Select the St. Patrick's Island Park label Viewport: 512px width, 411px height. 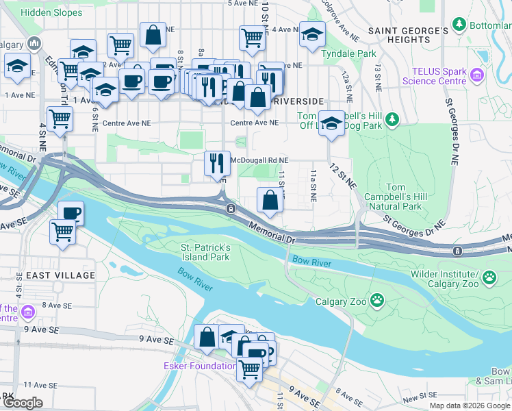(x=205, y=252)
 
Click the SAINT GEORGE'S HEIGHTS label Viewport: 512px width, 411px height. (x=408, y=36)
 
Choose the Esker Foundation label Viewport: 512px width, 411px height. (x=200, y=366)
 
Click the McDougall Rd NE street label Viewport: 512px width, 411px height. (x=260, y=160)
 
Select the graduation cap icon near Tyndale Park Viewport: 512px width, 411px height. (x=312, y=34)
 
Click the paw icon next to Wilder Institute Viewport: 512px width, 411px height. (x=489, y=277)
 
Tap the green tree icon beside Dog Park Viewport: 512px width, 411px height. (x=392, y=120)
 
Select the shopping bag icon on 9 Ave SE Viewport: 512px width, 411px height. (x=207, y=336)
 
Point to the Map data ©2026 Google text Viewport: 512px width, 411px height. (x=469, y=406)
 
